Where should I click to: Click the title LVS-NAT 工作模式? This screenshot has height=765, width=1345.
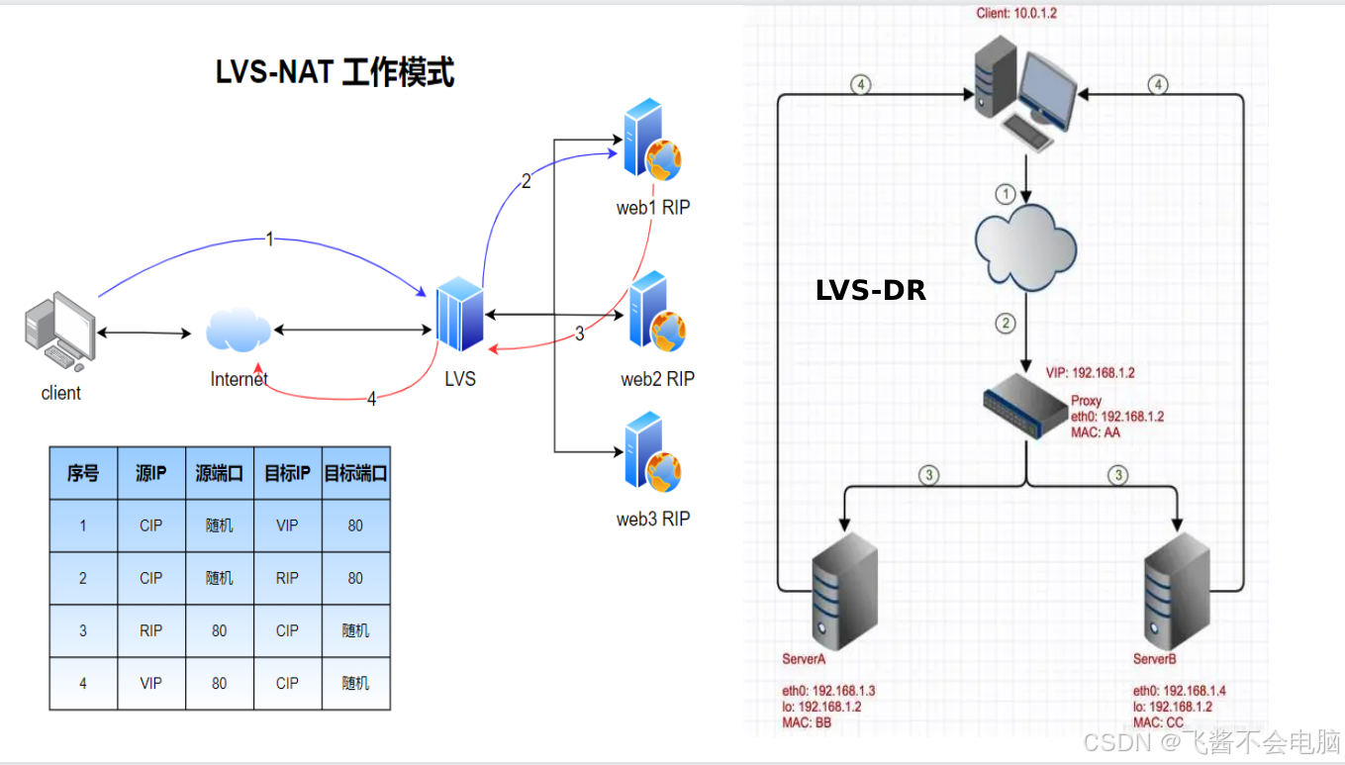pos(335,72)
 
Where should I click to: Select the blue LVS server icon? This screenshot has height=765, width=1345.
pos(460,315)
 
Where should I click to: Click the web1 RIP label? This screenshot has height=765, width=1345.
pos(654,207)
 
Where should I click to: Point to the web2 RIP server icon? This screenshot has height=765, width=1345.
pos(654,313)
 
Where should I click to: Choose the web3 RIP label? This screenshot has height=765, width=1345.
pos(653,519)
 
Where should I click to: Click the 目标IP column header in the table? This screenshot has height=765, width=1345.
pos(287,473)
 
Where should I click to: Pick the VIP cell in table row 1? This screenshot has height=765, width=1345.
pos(287,526)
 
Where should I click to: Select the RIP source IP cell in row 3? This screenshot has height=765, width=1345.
pos(150,630)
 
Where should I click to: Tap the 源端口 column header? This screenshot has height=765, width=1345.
pos(219,473)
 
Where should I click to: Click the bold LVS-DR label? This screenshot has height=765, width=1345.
pos(871,290)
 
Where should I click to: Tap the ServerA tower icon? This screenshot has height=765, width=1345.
pos(844,590)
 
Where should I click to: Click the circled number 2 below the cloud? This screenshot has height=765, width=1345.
pos(1007,323)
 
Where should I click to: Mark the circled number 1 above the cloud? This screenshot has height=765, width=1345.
pos(1006,192)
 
